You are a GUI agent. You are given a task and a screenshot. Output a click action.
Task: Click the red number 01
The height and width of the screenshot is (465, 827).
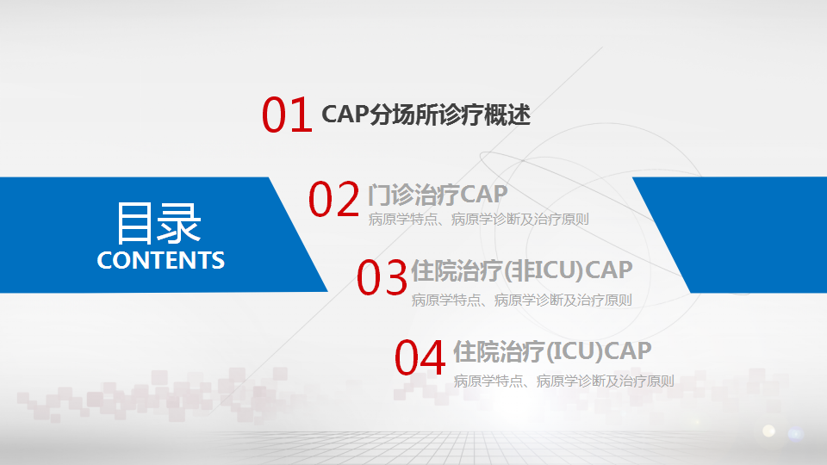(x=287, y=115)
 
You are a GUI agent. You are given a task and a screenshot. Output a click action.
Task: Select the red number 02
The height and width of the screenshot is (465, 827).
(x=334, y=199)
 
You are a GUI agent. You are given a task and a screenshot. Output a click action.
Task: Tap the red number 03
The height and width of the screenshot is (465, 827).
(x=382, y=277)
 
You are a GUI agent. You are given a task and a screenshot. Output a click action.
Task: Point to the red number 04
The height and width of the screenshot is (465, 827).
(x=420, y=358)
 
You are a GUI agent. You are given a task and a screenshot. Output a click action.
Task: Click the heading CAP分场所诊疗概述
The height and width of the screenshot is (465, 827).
(x=426, y=115)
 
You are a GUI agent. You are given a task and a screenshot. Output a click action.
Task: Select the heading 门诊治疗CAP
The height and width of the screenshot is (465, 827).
(x=438, y=195)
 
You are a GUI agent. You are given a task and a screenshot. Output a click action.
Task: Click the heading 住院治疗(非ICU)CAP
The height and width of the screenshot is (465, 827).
(x=522, y=270)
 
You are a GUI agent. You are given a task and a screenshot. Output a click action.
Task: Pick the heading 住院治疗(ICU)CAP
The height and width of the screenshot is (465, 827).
(x=552, y=351)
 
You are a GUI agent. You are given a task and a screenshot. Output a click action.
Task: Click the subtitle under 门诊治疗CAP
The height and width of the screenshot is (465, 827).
(x=478, y=220)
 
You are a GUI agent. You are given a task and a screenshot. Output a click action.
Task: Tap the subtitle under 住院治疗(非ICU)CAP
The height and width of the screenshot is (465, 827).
(x=522, y=300)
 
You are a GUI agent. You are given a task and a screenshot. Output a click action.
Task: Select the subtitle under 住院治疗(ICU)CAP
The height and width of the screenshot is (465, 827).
(x=563, y=381)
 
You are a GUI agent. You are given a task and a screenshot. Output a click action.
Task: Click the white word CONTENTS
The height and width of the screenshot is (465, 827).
(x=161, y=260)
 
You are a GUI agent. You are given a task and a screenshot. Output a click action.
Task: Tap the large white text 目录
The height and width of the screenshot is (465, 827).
(x=159, y=224)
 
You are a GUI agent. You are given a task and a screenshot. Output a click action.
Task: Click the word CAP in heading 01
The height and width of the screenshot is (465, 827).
(x=345, y=114)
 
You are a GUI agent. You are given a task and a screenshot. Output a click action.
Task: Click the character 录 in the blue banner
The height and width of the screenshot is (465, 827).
(x=180, y=224)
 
